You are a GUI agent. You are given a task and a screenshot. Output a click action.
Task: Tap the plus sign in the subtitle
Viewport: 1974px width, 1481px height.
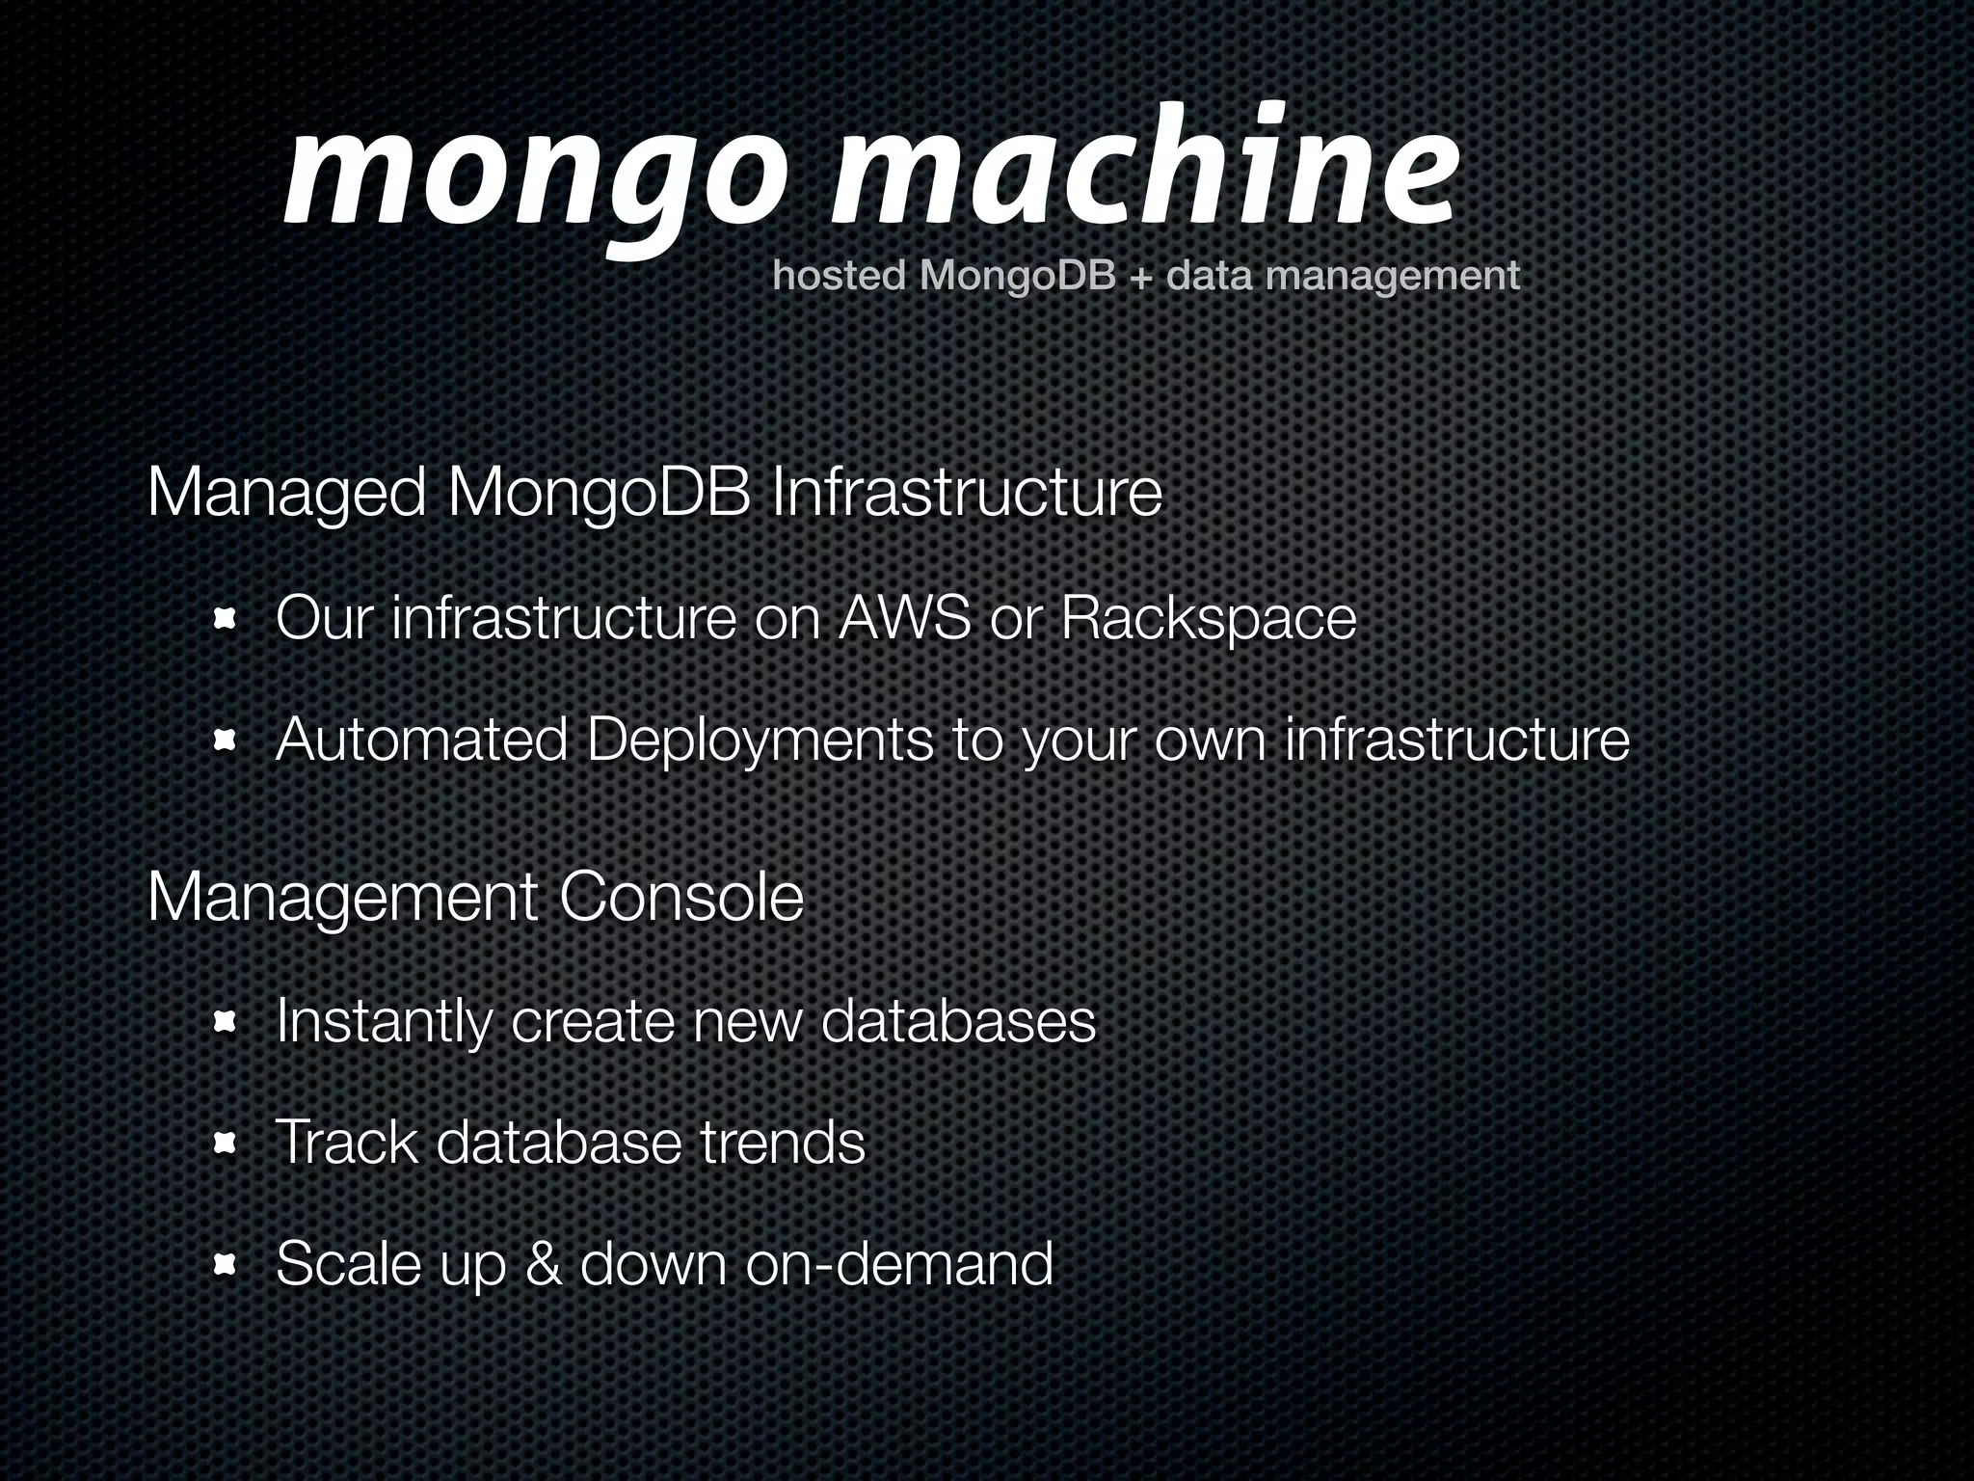(x=1141, y=278)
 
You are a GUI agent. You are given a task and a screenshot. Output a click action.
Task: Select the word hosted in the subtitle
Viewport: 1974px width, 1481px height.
(x=840, y=276)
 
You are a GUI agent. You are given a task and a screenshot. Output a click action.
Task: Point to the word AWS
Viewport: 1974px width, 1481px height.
(x=904, y=618)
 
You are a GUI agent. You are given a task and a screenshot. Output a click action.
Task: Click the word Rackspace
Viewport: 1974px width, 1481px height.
(x=1209, y=618)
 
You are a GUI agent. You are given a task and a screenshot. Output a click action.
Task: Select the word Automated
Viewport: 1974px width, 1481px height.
(x=421, y=740)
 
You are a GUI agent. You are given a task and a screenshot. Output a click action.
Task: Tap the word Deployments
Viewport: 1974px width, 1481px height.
(x=760, y=740)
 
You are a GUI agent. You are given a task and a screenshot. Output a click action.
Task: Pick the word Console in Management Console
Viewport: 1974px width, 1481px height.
(x=680, y=897)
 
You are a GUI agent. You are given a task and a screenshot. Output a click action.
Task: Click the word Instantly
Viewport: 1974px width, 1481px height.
(x=383, y=1022)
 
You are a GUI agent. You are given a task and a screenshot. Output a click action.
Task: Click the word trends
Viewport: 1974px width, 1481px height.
(x=783, y=1143)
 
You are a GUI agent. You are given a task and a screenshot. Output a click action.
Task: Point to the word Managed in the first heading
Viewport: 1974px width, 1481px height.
(x=286, y=494)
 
